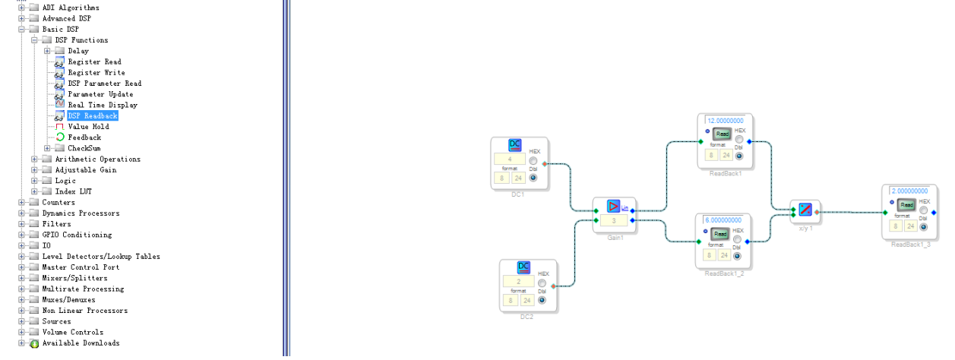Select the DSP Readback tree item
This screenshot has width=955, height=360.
click(x=93, y=116)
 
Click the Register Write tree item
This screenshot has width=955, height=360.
click(x=96, y=73)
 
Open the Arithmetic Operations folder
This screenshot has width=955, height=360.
click(x=97, y=159)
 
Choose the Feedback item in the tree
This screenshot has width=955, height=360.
click(x=84, y=137)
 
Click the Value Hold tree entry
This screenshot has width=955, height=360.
click(x=88, y=127)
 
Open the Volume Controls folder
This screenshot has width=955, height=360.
click(x=72, y=333)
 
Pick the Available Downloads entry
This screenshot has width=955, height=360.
click(x=81, y=343)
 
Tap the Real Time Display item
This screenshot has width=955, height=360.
click(x=102, y=106)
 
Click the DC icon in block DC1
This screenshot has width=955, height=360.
click(x=514, y=145)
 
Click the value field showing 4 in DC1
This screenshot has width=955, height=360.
click(x=509, y=159)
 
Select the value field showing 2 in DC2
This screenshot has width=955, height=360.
click(x=518, y=281)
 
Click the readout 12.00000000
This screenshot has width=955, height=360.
click(x=726, y=121)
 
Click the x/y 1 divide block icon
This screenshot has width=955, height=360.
click(x=805, y=209)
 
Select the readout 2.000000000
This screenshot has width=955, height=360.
click(x=909, y=191)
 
